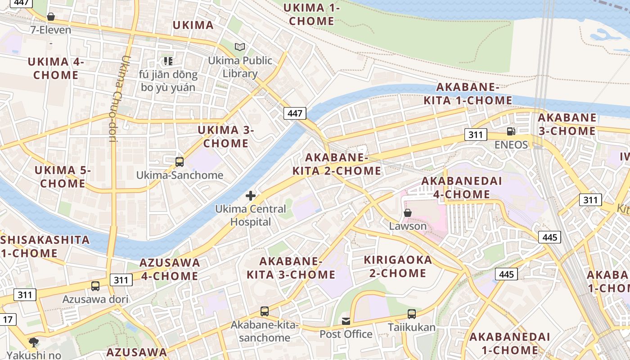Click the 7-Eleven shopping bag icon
coord(51,17)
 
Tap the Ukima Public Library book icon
coord(240,47)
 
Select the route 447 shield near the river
coord(295,113)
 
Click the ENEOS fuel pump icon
coord(511,131)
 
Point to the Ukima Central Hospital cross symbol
coord(251,196)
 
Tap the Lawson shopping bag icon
coord(408,213)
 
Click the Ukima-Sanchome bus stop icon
coord(180,162)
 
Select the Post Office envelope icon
coord(346,321)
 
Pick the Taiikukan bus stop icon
coord(412,314)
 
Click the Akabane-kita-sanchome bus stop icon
coord(265,311)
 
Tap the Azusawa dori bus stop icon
coord(95,286)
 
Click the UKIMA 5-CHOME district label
coord(63,177)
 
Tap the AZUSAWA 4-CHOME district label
coord(170,269)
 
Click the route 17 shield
coord(8,320)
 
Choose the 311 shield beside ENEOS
coord(476,135)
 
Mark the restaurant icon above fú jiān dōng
coord(168,61)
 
